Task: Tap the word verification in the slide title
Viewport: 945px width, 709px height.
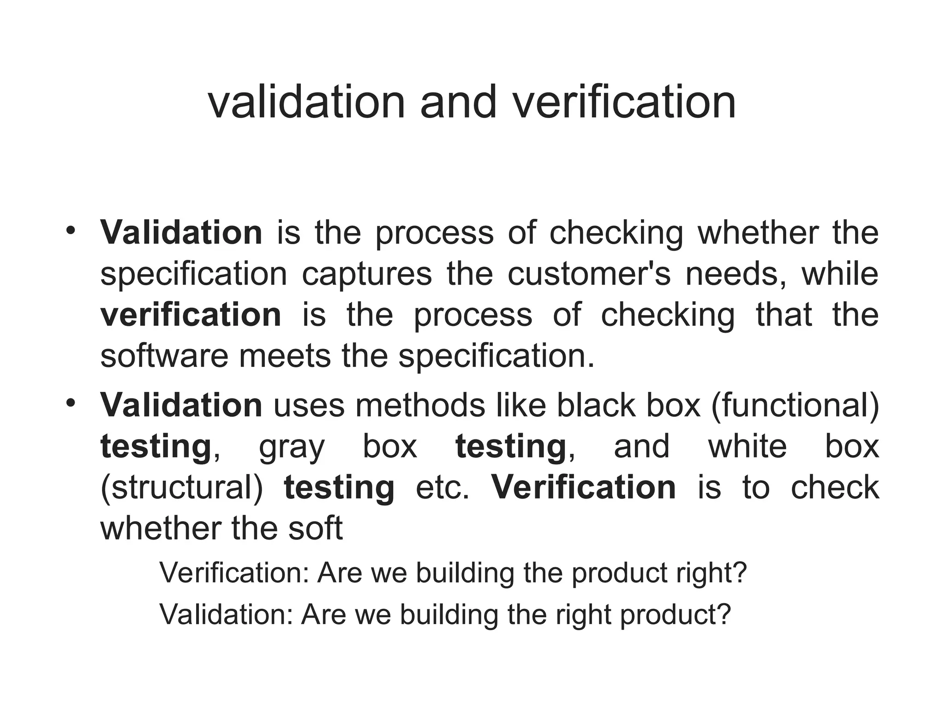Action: (x=624, y=102)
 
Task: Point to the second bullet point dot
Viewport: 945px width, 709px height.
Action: (x=70, y=403)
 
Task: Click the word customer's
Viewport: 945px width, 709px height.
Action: (x=589, y=274)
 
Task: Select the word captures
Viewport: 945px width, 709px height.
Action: (x=367, y=274)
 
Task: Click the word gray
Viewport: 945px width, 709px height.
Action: (x=292, y=447)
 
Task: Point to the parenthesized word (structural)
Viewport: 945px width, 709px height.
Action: (x=181, y=487)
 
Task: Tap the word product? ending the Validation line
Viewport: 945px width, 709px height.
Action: (x=676, y=614)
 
